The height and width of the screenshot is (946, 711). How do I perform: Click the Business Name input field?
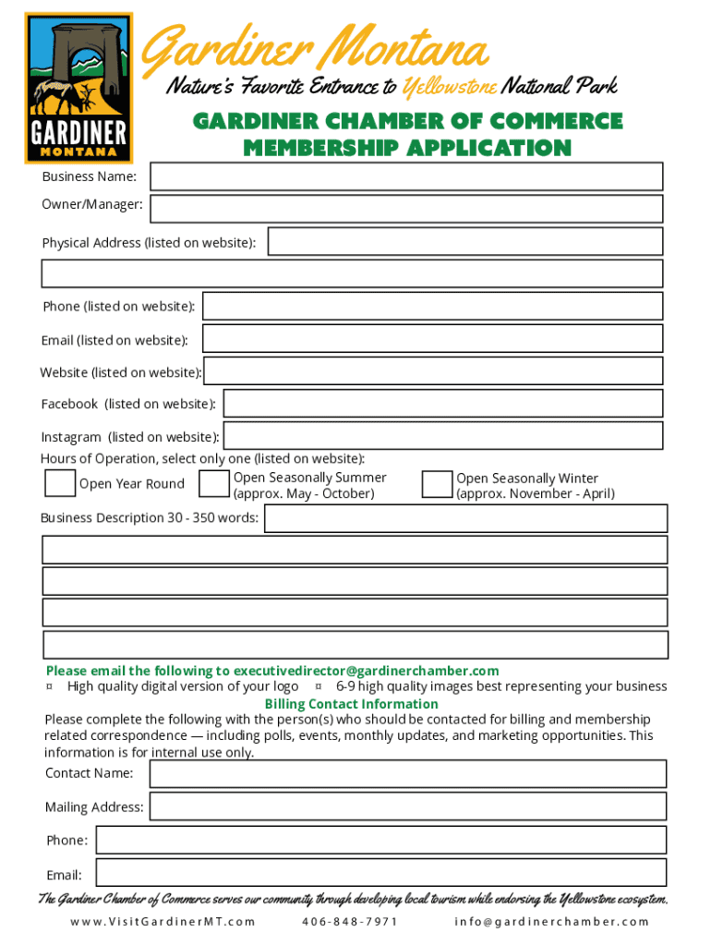point(406,176)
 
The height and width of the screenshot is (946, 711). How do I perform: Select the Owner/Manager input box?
point(406,208)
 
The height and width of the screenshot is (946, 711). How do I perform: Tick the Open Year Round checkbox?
point(60,483)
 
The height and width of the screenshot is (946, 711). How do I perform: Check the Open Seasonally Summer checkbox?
point(214,484)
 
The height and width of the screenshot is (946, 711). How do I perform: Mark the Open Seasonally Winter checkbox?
point(437,485)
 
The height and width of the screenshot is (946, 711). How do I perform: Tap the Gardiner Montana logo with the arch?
point(78,88)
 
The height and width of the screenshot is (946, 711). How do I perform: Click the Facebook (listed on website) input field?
point(442,404)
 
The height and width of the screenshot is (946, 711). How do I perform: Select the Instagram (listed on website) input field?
point(443,436)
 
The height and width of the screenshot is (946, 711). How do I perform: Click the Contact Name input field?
point(407,773)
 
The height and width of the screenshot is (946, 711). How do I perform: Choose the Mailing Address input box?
point(407,807)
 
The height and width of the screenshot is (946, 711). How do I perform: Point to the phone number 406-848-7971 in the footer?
point(350,921)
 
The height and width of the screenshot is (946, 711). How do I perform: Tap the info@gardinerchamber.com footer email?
point(552,921)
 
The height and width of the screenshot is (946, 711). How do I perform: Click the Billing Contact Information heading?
point(352,704)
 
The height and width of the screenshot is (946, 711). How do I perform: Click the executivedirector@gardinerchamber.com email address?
point(366,671)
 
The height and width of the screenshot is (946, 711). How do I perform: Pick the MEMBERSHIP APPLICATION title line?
point(407,148)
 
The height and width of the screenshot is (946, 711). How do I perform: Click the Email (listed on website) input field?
point(432,338)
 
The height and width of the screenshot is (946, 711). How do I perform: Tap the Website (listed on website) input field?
point(432,371)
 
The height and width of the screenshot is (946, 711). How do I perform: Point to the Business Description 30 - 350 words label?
point(150,517)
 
